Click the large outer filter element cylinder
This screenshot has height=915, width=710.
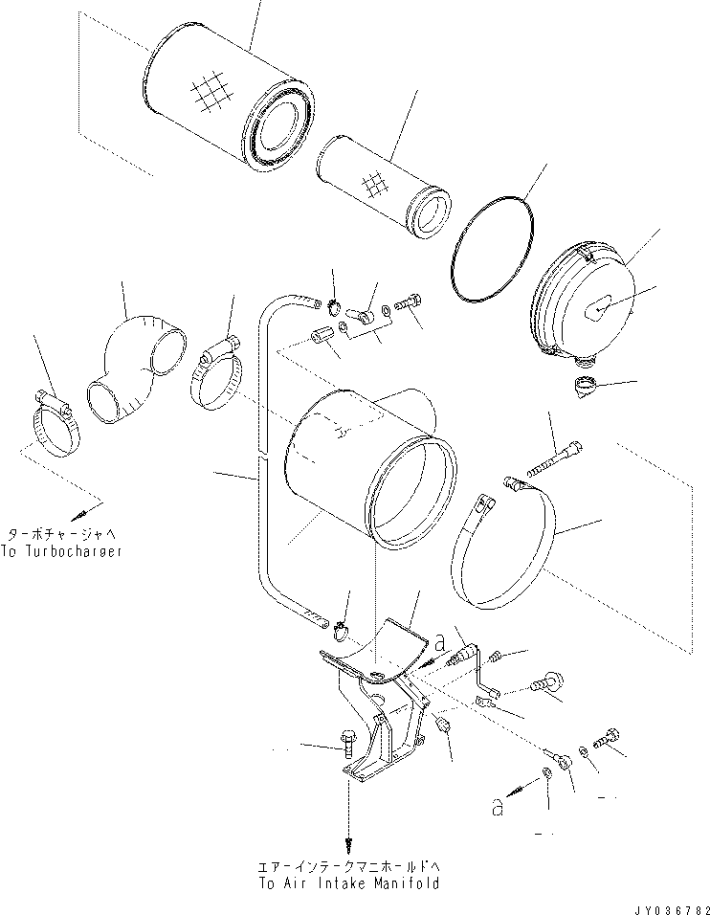220,105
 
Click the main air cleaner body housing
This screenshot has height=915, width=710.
364,459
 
